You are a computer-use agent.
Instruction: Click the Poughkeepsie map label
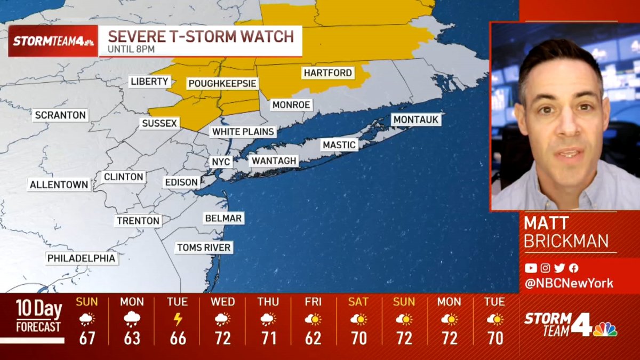(x=222, y=84)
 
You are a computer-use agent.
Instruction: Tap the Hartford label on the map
(x=328, y=73)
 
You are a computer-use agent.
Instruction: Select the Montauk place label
(x=416, y=120)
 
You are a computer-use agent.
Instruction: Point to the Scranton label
(x=60, y=115)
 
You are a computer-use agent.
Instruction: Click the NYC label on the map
(x=221, y=162)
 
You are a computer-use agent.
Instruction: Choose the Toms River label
(x=204, y=247)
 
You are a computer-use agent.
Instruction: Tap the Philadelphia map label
(x=82, y=258)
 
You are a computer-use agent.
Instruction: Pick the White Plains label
(x=243, y=132)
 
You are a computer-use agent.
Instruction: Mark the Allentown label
(x=59, y=185)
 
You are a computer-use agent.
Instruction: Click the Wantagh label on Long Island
(x=274, y=161)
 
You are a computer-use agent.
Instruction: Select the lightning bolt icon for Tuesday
(x=178, y=319)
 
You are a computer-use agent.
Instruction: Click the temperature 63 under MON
(x=132, y=338)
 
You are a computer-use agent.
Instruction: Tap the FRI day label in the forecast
(x=313, y=302)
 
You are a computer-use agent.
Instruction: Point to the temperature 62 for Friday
(x=313, y=338)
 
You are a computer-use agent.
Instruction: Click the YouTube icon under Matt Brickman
(x=531, y=268)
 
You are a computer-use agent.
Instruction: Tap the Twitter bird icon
(x=559, y=268)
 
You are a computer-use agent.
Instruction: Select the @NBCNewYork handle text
(x=569, y=284)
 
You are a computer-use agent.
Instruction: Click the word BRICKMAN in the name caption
(x=566, y=241)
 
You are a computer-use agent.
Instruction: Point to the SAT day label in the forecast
(x=358, y=302)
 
